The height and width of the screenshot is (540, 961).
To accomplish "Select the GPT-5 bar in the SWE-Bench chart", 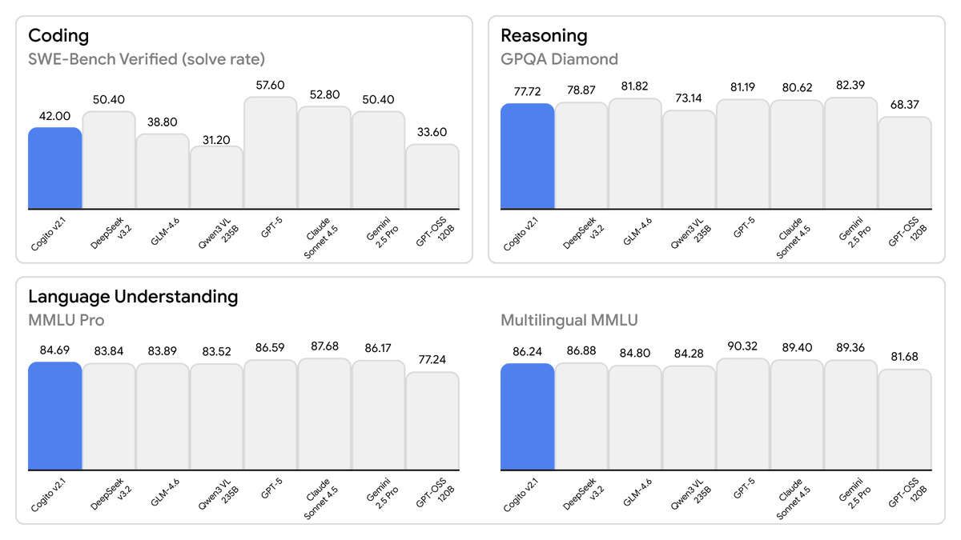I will tap(271, 153).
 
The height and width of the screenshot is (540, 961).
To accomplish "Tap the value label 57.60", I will tap(271, 84).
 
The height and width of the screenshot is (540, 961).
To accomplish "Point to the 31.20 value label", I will tap(216, 140).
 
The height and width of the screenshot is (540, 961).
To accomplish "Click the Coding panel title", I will tap(58, 36).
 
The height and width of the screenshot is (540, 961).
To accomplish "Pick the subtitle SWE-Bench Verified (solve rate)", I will tap(147, 59).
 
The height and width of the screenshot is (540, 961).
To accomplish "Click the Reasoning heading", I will tap(544, 36).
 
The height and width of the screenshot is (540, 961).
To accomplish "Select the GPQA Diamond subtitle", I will tap(559, 59).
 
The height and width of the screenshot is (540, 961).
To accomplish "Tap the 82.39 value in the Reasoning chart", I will tap(850, 85).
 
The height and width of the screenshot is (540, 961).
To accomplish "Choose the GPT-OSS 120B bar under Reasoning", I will tap(905, 163).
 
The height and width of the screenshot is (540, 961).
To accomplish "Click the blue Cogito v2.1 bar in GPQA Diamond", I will tap(527, 156).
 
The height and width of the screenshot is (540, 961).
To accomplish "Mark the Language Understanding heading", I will tap(133, 297).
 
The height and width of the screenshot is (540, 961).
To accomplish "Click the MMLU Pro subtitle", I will tap(66, 321).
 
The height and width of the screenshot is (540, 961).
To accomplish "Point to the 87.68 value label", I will tap(324, 346).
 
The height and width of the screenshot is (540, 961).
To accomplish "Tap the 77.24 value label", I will tap(432, 359).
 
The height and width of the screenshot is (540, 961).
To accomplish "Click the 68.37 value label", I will tap(905, 104).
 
